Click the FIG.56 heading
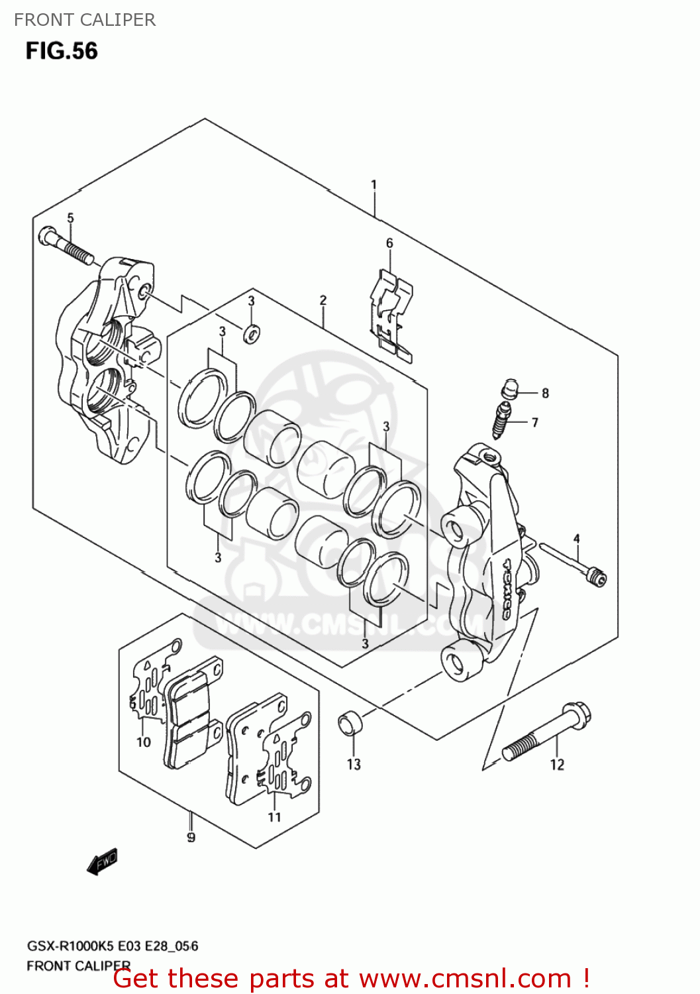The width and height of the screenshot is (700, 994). [x=62, y=51]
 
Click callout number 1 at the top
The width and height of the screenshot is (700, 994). [x=374, y=184]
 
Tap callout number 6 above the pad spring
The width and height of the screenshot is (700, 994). [x=389, y=243]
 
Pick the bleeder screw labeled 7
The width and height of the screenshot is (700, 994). [x=502, y=420]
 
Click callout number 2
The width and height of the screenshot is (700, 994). [x=323, y=300]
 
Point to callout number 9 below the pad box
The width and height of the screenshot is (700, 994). [x=191, y=838]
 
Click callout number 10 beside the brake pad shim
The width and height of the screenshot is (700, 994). [x=144, y=742]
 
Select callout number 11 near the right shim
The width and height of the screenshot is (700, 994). [x=274, y=817]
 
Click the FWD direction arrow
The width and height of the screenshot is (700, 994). [x=103, y=861]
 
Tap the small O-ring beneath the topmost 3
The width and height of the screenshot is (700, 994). [x=252, y=333]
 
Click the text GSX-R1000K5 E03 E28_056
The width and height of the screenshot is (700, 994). [x=112, y=946]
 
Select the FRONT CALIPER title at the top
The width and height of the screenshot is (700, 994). [x=85, y=20]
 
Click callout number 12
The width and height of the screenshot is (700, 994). [x=557, y=765]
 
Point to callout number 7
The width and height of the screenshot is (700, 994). [x=534, y=422]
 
